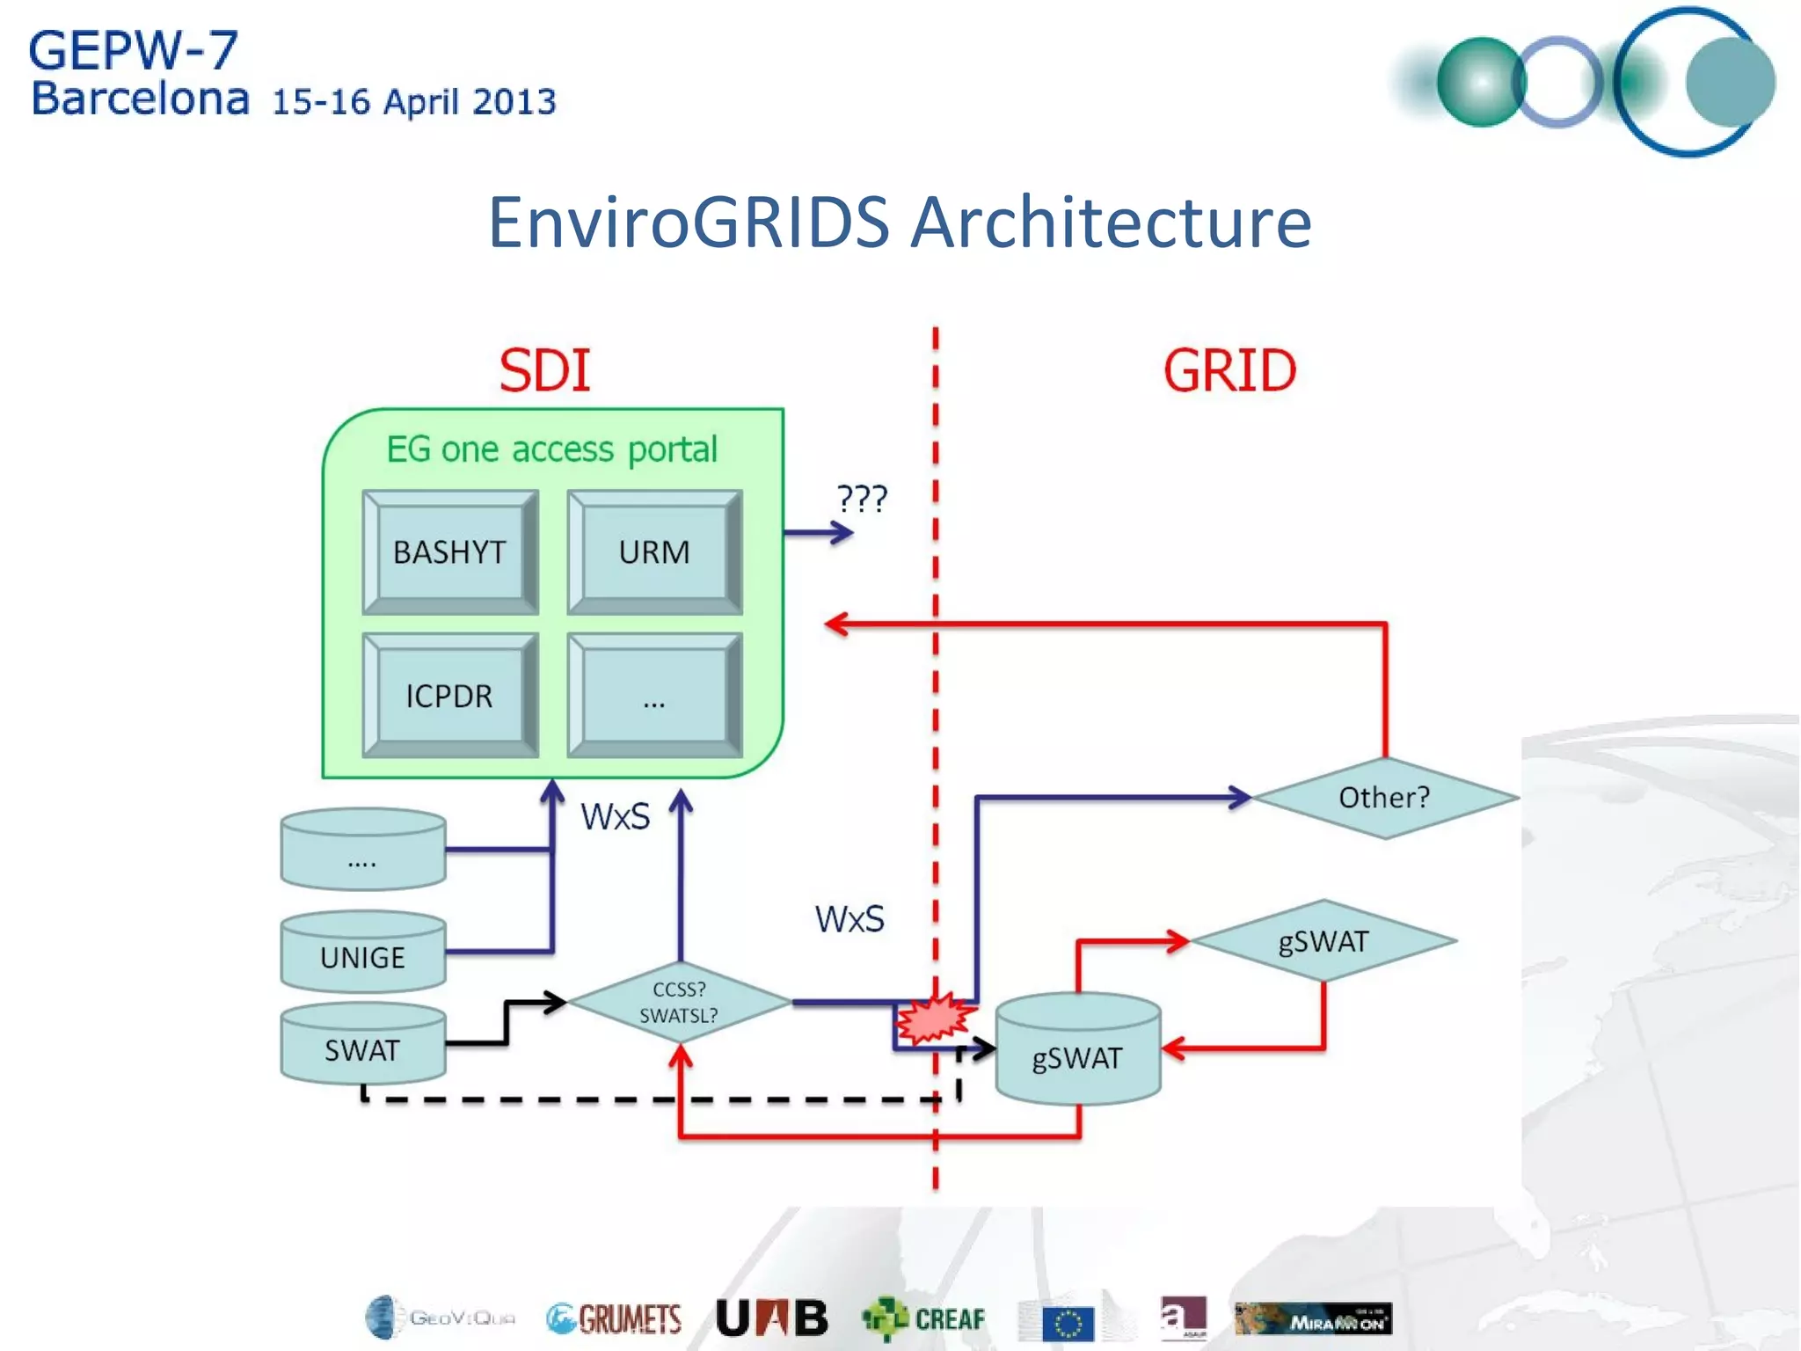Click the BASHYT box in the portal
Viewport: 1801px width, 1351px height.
coord(449,552)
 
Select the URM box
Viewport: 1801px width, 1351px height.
coord(654,552)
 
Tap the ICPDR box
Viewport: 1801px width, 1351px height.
coord(449,696)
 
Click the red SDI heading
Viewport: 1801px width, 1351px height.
coord(544,370)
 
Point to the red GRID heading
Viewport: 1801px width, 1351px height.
coord(1229,370)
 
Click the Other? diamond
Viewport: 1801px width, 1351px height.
coord(1384,798)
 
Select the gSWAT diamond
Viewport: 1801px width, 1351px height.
coord(1323,941)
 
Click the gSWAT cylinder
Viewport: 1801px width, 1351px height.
coord(1077,1055)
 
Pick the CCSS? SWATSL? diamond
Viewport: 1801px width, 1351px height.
coord(679,1003)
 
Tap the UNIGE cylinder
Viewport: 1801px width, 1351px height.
coord(362,956)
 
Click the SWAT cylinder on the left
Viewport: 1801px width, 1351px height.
coord(362,1049)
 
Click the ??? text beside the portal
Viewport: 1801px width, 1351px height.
coord(862,499)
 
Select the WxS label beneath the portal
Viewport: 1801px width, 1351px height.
coord(615,817)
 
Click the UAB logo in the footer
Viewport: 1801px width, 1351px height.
coord(772,1318)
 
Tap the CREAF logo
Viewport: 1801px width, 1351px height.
coord(923,1318)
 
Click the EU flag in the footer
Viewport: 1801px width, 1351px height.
coord(1068,1323)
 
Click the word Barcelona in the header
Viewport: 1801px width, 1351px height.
coord(141,99)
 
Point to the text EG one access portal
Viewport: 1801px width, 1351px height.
coord(552,449)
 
